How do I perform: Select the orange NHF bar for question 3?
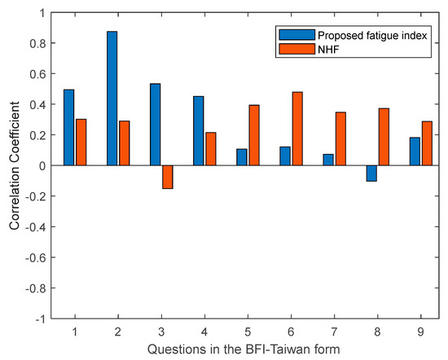coord(167,177)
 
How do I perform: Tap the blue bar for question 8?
coord(371,173)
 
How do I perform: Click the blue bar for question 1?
coord(68,127)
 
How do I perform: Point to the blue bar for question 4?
coord(198,130)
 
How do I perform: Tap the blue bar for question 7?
coord(327,160)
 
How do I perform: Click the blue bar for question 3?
coord(155,124)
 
